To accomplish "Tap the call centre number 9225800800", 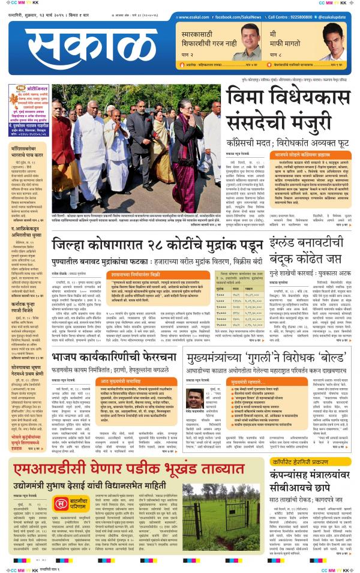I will point(299,18).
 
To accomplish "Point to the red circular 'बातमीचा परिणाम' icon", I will point(61,506).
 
